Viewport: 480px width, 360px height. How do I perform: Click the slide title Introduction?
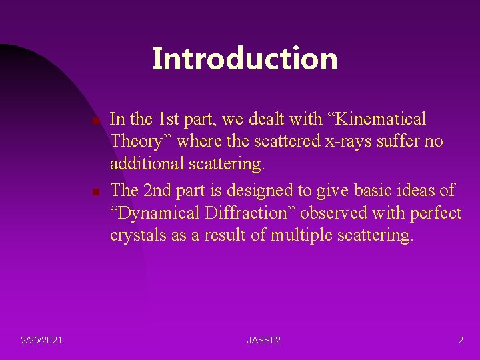click(245, 59)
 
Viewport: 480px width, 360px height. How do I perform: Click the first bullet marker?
click(95, 121)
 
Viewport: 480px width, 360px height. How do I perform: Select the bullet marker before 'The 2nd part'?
click(95, 192)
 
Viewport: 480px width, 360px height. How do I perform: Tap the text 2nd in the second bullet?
click(159, 190)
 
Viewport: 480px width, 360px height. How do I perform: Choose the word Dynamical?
click(167, 213)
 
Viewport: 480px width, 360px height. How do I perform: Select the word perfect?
click(436, 213)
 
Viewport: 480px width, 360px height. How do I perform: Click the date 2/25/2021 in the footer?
click(42, 341)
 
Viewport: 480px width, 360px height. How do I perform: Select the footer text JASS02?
click(263, 341)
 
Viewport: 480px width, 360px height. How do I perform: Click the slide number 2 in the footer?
click(460, 341)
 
